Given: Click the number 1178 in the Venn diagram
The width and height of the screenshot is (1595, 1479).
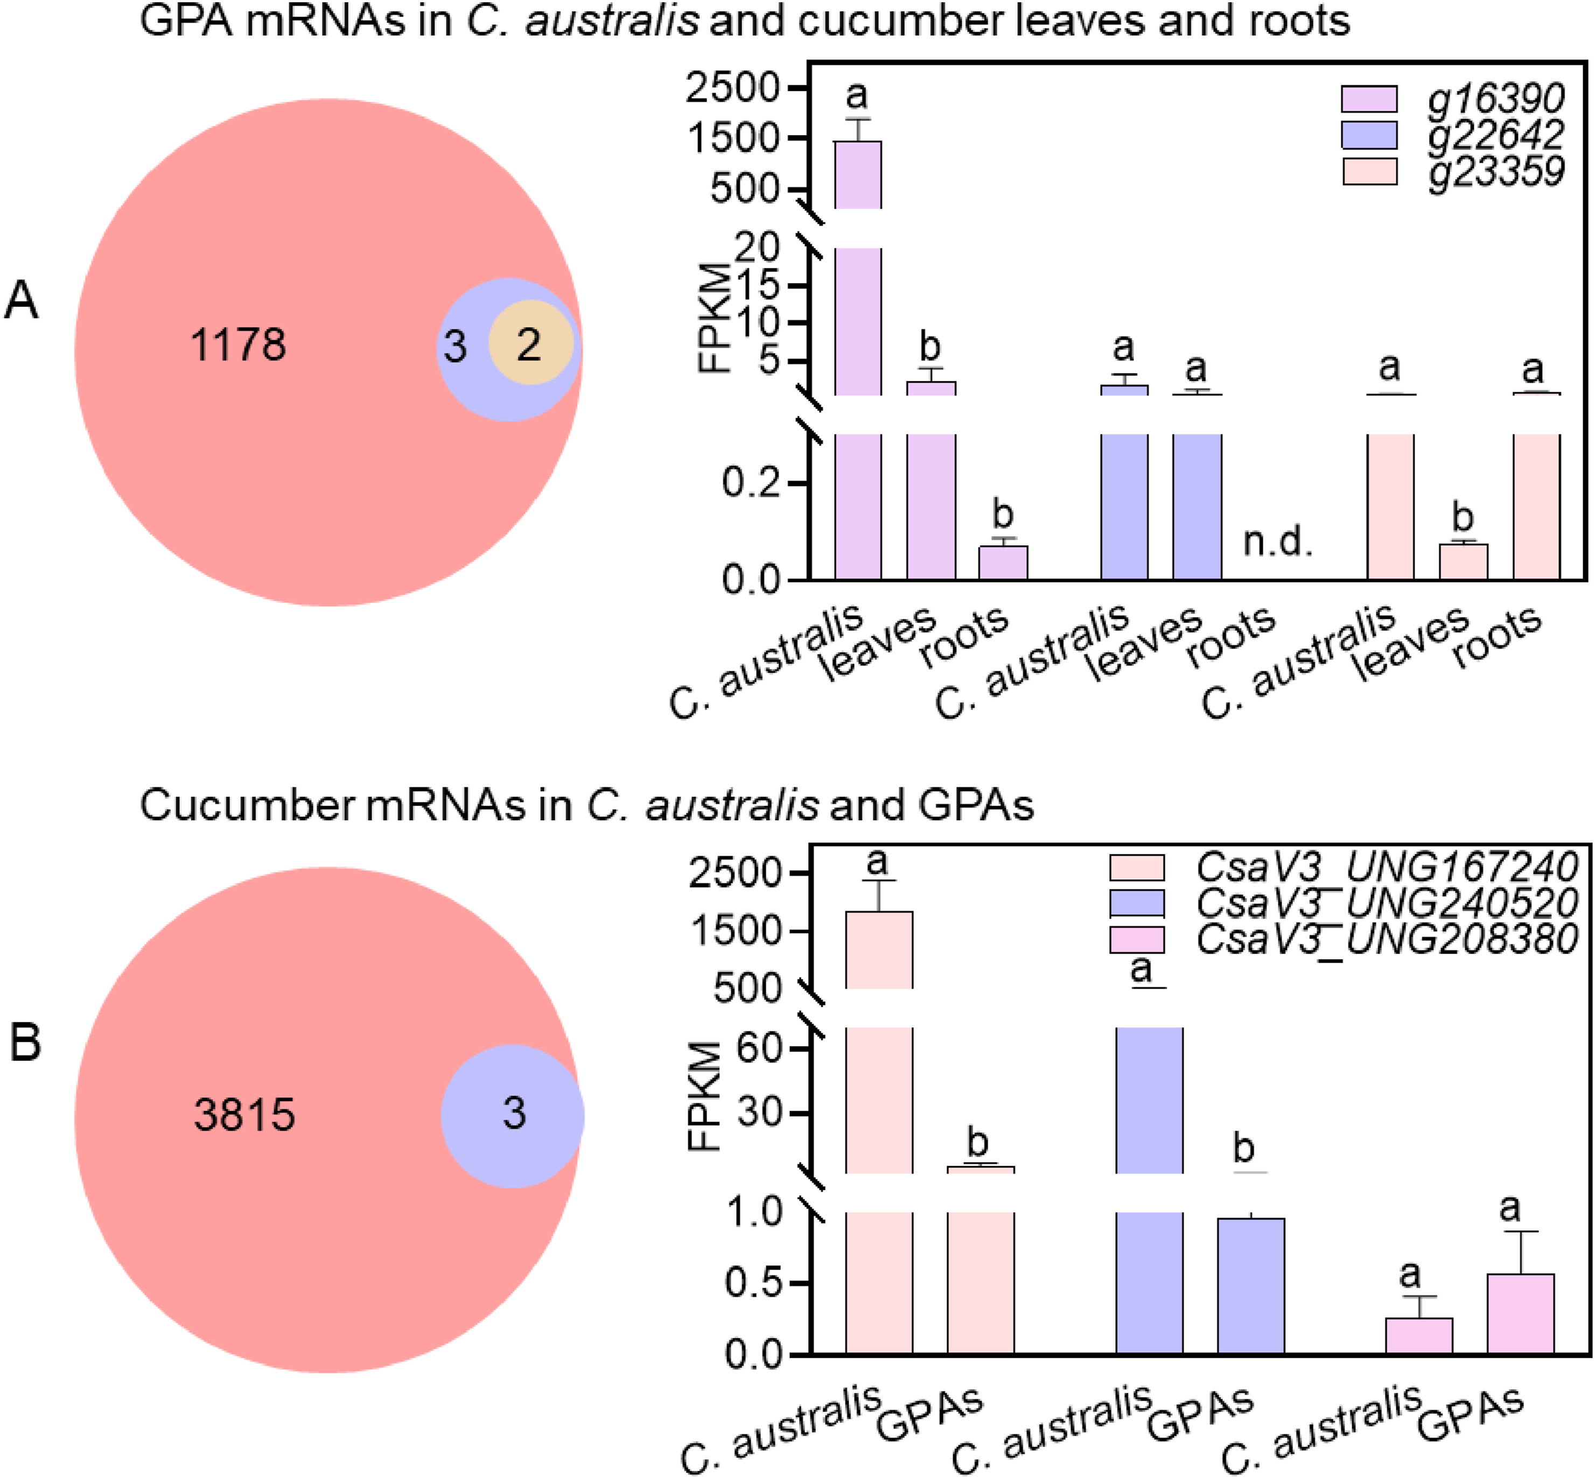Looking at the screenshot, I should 238,346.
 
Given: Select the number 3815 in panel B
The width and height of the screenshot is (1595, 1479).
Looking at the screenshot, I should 244,1115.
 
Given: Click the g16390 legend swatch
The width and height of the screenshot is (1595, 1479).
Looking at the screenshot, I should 1369,99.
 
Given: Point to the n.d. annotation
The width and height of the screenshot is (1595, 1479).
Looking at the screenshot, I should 1277,544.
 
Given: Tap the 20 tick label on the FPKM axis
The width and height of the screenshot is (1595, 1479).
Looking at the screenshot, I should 756,248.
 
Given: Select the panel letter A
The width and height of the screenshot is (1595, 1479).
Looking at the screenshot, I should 22,302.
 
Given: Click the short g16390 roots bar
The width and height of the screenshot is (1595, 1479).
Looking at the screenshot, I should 1003,562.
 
